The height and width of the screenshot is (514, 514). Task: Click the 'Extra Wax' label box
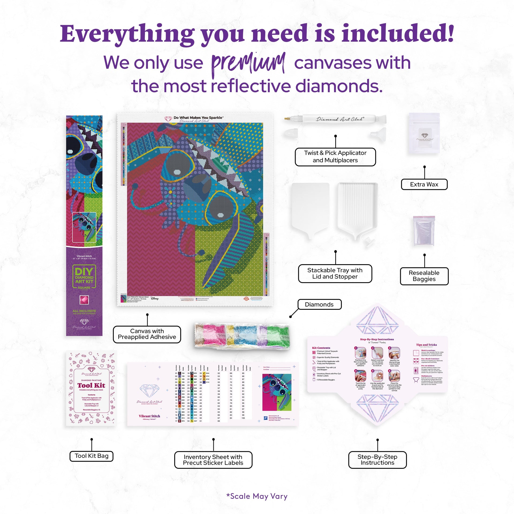pyautogui.click(x=424, y=184)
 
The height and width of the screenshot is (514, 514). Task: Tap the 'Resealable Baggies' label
pyautogui.click(x=424, y=276)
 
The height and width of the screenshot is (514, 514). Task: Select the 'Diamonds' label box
pyautogui.click(x=319, y=304)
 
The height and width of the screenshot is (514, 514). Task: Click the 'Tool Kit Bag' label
pyautogui.click(x=92, y=456)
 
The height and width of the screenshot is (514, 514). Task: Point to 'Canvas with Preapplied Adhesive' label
pyautogui.click(x=147, y=334)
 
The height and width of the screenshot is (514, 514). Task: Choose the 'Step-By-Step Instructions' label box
pyautogui.click(x=377, y=460)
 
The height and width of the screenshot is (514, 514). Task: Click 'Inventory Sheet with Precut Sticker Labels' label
pyautogui.click(x=213, y=460)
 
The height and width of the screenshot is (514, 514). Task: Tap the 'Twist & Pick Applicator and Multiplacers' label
pyautogui.click(x=335, y=157)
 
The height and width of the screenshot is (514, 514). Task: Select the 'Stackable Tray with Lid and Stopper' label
pyautogui.click(x=335, y=273)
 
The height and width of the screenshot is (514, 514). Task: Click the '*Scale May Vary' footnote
pyautogui.click(x=257, y=496)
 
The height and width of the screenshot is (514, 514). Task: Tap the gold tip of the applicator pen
pyautogui.click(x=288, y=118)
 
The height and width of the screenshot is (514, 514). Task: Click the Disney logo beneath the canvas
pyautogui.click(x=155, y=298)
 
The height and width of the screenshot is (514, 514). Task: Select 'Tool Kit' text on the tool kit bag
pyautogui.click(x=91, y=385)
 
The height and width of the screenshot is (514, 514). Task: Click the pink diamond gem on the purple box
pyautogui.click(x=84, y=300)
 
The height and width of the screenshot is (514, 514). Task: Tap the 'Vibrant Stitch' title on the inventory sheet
pyautogui.click(x=149, y=416)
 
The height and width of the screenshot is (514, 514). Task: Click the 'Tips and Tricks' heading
pyautogui.click(x=426, y=345)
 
